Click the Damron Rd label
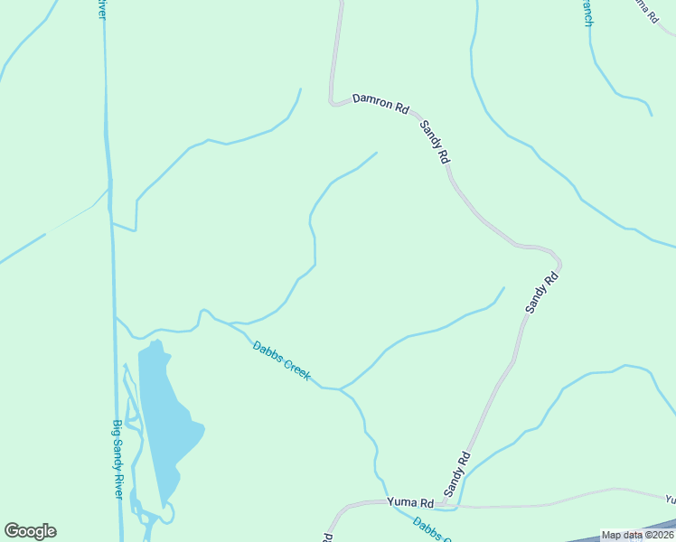click(x=380, y=103)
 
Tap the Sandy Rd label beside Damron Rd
click(x=435, y=142)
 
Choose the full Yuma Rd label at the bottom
click(x=410, y=501)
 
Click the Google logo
click(x=30, y=531)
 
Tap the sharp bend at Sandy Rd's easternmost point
click(x=559, y=263)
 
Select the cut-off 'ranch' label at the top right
click(x=587, y=14)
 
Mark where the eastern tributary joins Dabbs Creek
click(x=340, y=389)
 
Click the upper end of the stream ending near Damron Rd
click(x=301, y=89)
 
